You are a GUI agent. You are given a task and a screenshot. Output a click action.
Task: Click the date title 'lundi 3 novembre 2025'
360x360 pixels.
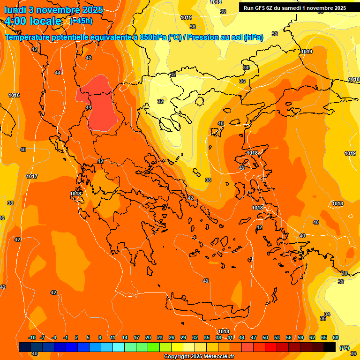(53, 10)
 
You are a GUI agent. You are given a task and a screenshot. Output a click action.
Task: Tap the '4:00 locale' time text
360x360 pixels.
(33, 21)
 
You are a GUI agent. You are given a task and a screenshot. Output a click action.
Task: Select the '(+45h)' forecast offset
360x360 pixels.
(81, 21)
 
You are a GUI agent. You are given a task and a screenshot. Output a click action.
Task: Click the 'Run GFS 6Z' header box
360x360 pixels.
(295, 7)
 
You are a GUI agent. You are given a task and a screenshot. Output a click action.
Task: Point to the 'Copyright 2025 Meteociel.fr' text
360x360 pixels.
(199, 357)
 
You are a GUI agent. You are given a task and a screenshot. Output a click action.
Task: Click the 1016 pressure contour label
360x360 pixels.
(14, 95)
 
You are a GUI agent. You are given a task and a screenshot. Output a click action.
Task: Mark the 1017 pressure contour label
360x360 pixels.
(32, 176)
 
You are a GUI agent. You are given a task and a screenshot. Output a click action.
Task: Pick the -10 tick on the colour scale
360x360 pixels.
(32, 338)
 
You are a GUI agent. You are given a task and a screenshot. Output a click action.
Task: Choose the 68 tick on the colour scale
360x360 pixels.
(336, 338)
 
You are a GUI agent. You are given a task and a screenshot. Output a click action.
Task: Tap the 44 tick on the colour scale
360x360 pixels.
(242, 338)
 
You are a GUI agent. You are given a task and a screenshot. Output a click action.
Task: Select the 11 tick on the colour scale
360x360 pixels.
(113, 338)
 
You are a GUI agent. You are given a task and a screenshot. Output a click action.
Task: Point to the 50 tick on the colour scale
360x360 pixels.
(265, 338)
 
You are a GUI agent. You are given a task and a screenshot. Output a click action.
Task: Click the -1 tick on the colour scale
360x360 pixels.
(66, 338)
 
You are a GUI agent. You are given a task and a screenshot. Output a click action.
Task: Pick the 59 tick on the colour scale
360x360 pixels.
(300, 338)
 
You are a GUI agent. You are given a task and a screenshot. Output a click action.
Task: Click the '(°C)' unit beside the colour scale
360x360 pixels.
(344, 347)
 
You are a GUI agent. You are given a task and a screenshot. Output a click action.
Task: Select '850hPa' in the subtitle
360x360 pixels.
(153, 37)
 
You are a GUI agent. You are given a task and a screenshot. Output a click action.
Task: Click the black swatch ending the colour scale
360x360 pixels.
(330, 347)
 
